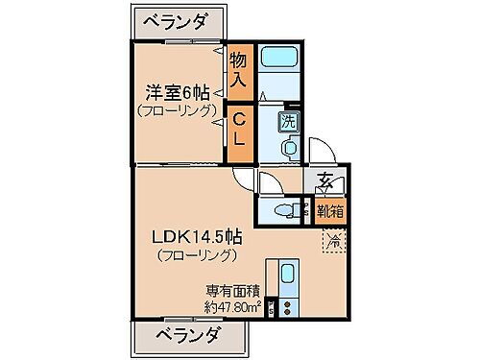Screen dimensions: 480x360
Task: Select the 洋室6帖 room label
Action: tap(177, 92)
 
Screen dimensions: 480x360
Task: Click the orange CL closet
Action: tap(240, 131)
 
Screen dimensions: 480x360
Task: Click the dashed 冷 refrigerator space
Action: tap(333, 242)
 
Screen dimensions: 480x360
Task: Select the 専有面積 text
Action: tap(230, 291)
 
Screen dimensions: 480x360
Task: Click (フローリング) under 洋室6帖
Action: tap(177, 111)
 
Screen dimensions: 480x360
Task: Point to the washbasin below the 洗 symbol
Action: tap(287, 148)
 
